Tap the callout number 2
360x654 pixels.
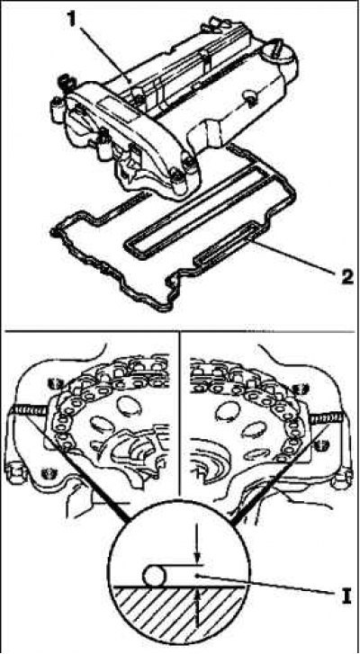pos(345,275)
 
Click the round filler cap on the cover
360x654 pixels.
pos(280,58)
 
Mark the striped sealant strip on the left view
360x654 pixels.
pos(30,412)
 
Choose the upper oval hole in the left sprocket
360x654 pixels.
pos(126,404)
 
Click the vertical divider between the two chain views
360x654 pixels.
pos(178,417)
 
